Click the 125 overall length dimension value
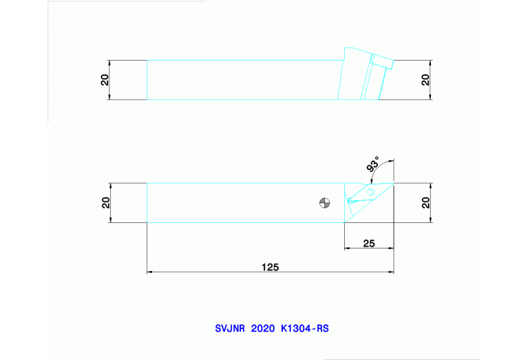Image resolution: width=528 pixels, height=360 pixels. [x=271, y=267]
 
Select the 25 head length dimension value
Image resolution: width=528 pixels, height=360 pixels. [x=369, y=243]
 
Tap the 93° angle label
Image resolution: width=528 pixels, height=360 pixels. [x=373, y=165]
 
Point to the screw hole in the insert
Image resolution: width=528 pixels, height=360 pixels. [x=370, y=192]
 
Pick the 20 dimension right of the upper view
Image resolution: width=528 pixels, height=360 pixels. [x=426, y=80]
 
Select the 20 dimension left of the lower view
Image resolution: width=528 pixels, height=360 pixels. [x=105, y=203]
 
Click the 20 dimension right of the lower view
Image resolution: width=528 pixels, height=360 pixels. [x=426, y=203]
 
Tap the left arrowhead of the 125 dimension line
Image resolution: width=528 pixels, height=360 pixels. [x=150, y=273]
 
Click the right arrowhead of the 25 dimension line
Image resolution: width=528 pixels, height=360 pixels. [x=391, y=248]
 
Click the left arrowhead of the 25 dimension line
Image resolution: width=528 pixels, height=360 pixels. [x=346, y=248]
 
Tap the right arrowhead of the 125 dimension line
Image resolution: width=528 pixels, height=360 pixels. [x=391, y=273]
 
